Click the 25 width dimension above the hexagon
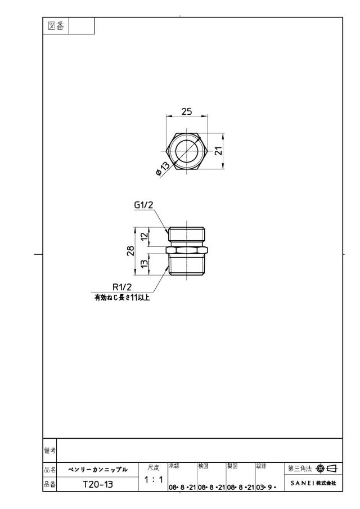(x=187, y=111)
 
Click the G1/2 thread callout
(x=143, y=205)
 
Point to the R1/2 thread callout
(x=122, y=287)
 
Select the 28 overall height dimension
(x=130, y=251)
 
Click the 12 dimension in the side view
(x=145, y=235)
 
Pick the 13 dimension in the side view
(x=145, y=263)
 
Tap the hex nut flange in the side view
(x=187, y=250)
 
